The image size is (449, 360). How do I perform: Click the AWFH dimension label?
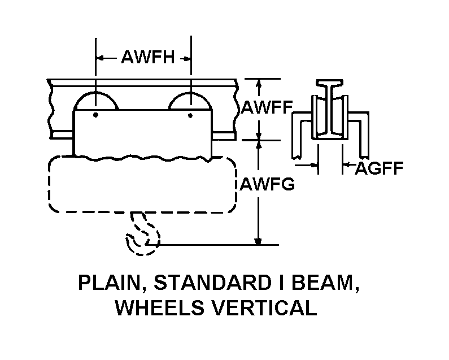click(148, 57)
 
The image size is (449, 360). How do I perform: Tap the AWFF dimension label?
click(267, 107)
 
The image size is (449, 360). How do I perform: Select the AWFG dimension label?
click(267, 184)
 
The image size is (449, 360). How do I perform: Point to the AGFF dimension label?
click(379, 168)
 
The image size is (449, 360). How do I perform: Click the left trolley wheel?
click(96, 101)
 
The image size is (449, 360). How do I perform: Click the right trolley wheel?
click(190, 101)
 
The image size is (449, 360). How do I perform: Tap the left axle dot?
click(95, 115)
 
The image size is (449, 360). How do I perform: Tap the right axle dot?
click(190, 115)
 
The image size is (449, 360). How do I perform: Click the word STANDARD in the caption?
click(212, 283)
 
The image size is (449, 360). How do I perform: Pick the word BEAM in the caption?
click(325, 283)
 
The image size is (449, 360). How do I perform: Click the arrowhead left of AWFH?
click(100, 58)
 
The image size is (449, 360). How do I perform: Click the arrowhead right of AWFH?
click(187, 59)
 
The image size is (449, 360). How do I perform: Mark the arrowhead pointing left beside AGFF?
click(346, 165)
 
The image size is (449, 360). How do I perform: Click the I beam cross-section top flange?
click(330, 83)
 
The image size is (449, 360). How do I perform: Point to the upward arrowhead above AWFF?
click(259, 83)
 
